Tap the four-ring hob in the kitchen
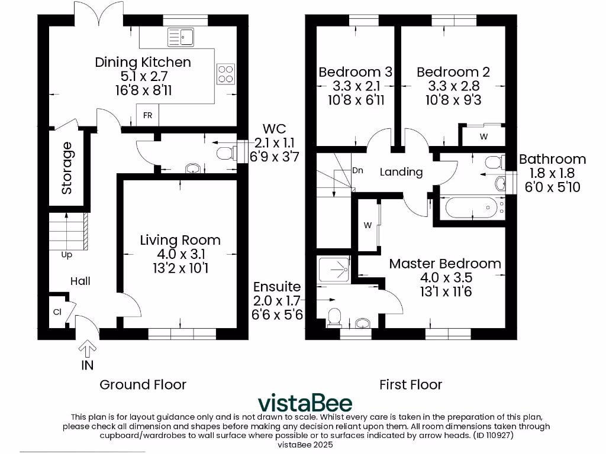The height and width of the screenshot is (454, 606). (225, 74)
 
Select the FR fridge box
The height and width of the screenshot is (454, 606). (147, 115)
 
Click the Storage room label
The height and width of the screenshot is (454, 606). (66, 168)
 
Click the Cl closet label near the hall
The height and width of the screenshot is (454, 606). (57, 312)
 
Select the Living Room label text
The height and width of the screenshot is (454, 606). (180, 240)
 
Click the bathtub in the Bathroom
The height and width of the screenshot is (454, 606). (472, 207)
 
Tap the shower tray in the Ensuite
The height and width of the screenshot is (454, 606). (334, 269)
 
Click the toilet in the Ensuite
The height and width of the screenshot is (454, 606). (334, 317)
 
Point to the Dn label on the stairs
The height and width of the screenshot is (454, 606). (357, 170)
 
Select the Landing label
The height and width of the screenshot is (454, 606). (401, 172)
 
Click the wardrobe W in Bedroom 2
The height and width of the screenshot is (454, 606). (483, 137)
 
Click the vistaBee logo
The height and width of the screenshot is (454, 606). (305, 403)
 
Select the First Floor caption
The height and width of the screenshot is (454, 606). (410, 385)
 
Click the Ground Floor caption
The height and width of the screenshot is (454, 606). (143, 385)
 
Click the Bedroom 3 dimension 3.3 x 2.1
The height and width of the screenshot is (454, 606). (355, 86)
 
